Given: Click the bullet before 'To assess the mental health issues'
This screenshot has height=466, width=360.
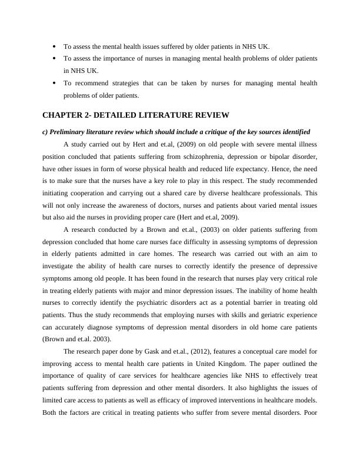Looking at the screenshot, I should click(x=54, y=46).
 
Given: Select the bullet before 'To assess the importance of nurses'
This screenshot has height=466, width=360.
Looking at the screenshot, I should click(x=54, y=58).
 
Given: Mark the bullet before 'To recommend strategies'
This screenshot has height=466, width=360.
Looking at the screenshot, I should click(x=54, y=83).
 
